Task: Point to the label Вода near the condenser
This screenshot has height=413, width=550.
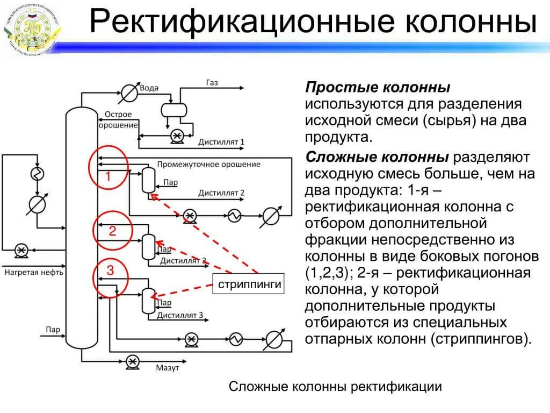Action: pyautogui.click(x=148, y=88)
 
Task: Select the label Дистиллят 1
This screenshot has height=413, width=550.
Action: pyautogui.click(x=221, y=142)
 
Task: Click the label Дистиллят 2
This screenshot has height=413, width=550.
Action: pyautogui.click(x=221, y=193)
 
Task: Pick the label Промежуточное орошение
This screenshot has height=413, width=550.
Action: pyautogui.click(x=208, y=164)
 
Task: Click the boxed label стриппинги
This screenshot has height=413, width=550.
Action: pyautogui.click(x=250, y=284)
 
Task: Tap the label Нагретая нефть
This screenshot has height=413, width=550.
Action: pyautogui.click(x=34, y=272)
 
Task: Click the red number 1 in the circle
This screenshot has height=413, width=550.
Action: pyautogui.click(x=107, y=176)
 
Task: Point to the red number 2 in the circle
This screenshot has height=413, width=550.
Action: pyautogui.click(x=112, y=232)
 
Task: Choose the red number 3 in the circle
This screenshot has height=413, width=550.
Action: pyautogui.click(x=110, y=270)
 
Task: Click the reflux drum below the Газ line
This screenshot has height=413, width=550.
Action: pyautogui.click(x=174, y=110)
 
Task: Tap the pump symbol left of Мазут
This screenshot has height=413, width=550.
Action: pyautogui.click(x=132, y=361)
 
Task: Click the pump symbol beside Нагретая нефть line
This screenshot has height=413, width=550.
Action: pyautogui.click(x=21, y=250)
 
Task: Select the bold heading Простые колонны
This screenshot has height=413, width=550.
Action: pyautogui.click(x=378, y=88)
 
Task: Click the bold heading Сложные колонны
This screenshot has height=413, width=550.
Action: pyautogui.click(x=377, y=157)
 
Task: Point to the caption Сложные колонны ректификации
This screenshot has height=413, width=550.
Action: pyautogui.click(x=335, y=387)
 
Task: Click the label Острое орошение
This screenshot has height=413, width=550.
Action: pyautogui.click(x=118, y=120)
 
